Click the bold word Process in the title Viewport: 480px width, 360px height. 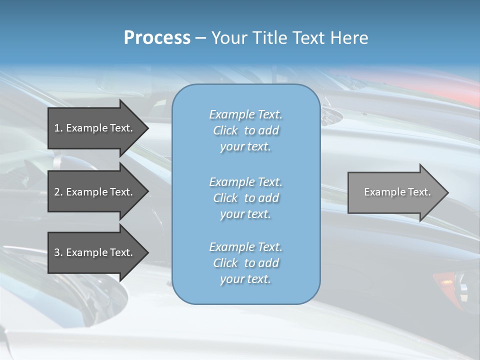pyautogui.click(x=157, y=38)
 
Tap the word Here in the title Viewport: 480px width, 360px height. pyautogui.click(x=349, y=38)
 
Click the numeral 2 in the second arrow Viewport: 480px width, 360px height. pyautogui.click(x=57, y=192)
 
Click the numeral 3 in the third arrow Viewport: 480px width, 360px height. pyautogui.click(x=57, y=252)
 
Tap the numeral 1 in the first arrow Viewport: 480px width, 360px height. pyautogui.click(x=57, y=128)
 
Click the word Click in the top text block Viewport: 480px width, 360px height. pyautogui.click(x=225, y=130)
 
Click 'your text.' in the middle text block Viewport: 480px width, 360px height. pyautogui.click(x=245, y=214)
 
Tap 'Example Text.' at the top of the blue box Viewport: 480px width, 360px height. pyautogui.click(x=245, y=114)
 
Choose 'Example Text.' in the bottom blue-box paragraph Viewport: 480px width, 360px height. pyautogui.click(x=245, y=247)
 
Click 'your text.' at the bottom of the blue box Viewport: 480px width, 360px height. pyautogui.click(x=245, y=279)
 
